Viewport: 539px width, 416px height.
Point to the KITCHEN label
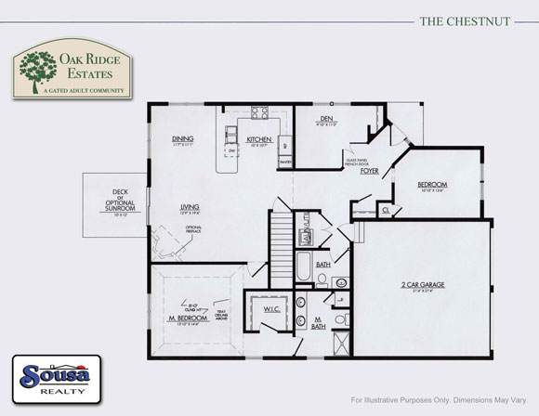coord(258,140)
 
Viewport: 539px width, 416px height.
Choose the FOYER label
coord(369,170)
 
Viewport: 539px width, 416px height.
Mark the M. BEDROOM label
coord(187,318)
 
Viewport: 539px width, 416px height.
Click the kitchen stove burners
coord(259,116)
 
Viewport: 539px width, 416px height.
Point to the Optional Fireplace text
coord(194,229)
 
